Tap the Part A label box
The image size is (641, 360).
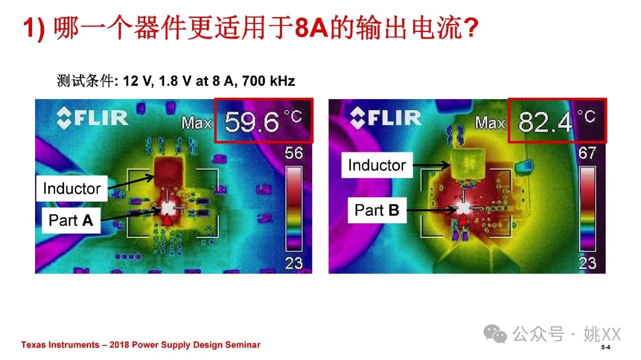71,220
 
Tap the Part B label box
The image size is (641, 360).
377,210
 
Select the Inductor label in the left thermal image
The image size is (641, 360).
72,189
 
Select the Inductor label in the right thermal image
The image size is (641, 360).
377,165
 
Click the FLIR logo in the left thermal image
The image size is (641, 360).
92,118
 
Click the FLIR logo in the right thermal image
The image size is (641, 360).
386,118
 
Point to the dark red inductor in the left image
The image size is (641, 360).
169,172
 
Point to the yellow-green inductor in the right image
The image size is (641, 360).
468,165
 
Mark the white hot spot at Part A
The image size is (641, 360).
167,209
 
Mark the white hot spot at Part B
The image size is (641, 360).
463,208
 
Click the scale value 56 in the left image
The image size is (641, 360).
293,153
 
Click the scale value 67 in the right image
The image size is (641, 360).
587,153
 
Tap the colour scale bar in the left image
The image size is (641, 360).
294,209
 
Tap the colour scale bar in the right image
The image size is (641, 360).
587,209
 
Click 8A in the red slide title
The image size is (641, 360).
311,28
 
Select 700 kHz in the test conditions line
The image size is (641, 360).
268,81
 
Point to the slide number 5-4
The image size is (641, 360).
605,347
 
